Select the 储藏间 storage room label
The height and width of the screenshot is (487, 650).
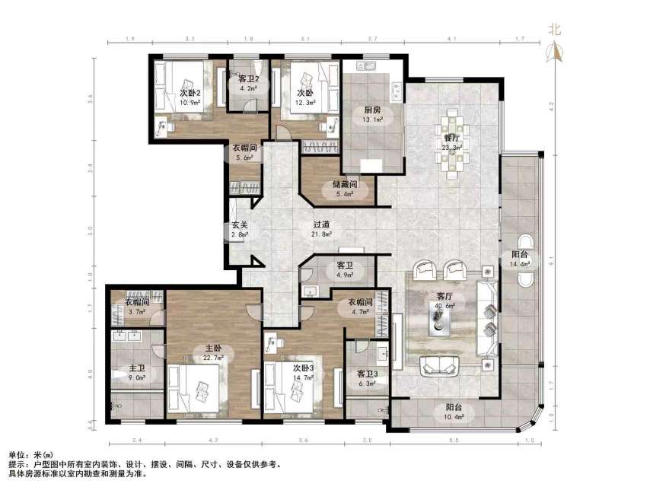click(345, 185)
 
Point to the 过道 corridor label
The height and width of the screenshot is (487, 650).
click(321, 225)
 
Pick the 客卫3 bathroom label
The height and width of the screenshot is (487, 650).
click(368, 374)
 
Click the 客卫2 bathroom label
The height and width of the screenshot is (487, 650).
click(250, 78)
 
